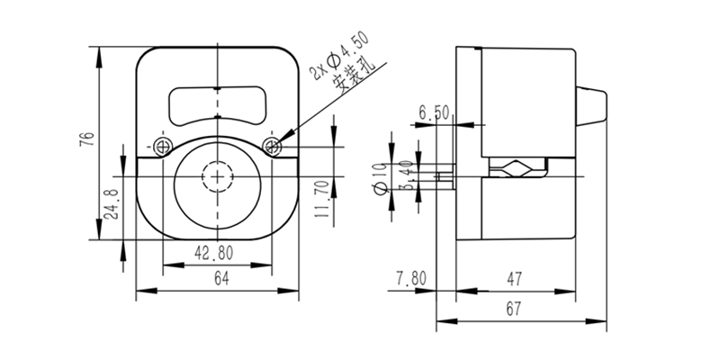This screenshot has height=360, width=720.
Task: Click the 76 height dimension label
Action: pos(86,139)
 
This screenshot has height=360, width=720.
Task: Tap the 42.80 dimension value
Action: pos(215,253)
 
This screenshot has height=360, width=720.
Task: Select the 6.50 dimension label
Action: pos(435,112)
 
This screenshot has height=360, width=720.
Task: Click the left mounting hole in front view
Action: pos(162,146)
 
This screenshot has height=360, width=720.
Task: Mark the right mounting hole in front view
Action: pos(274,146)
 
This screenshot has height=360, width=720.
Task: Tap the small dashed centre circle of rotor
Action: pos(218,175)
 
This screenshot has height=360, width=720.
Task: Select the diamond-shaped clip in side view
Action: pos(517,169)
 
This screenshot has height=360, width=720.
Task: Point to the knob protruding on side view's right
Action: pos(591,105)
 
